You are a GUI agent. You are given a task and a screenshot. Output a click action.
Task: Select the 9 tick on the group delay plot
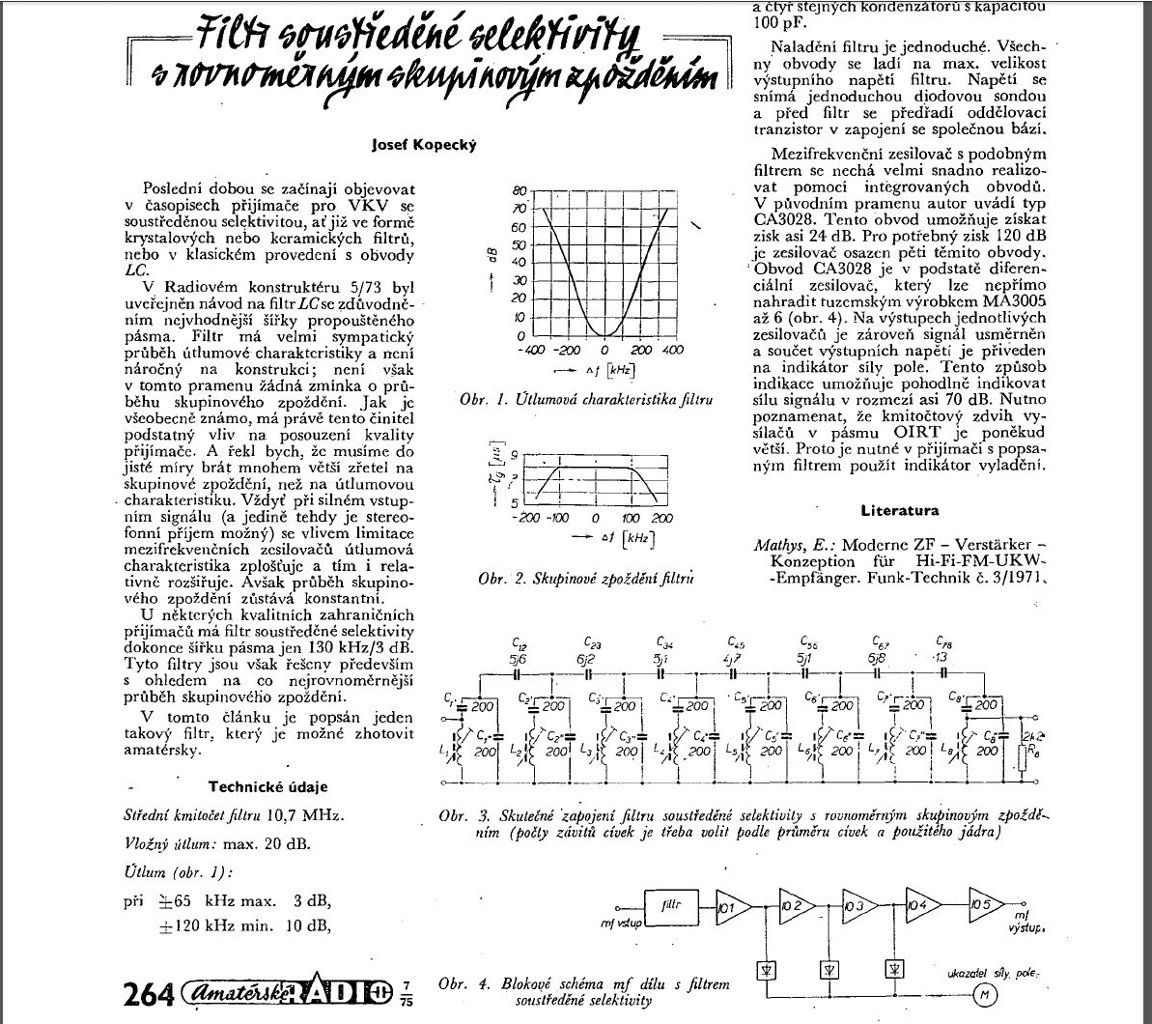coord(515,454)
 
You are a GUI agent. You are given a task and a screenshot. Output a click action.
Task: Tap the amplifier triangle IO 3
coord(858,906)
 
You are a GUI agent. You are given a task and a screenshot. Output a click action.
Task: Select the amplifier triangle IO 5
coord(987,905)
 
